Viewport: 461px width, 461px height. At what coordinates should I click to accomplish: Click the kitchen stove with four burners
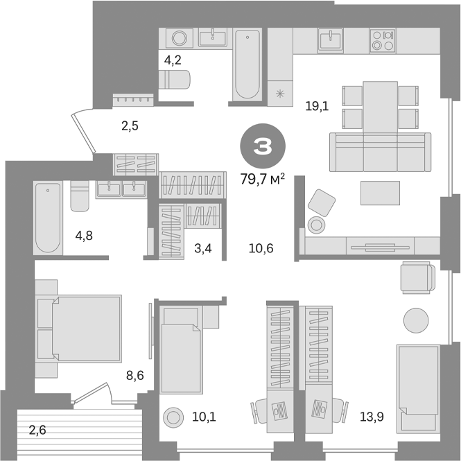(381, 40)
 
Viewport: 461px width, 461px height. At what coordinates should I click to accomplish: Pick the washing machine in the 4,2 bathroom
(179, 38)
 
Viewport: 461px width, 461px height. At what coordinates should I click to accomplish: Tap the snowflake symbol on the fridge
(280, 93)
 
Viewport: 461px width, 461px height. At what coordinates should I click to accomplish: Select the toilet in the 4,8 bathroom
(78, 196)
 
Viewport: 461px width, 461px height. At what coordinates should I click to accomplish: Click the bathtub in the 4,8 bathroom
(48, 216)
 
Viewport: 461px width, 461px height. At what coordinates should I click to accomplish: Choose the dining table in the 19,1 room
(380, 105)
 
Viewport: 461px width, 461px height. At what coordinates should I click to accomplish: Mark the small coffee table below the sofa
(380, 192)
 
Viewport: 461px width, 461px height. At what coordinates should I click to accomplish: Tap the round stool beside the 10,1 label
(172, 418)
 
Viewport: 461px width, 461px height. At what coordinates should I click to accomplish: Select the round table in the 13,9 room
(417, 319)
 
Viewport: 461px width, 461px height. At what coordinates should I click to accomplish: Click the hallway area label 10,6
(261, 248)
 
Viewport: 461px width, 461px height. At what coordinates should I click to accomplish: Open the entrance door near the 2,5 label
(82, 130)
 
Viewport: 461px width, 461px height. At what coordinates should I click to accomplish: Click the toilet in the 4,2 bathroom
(175, 80)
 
